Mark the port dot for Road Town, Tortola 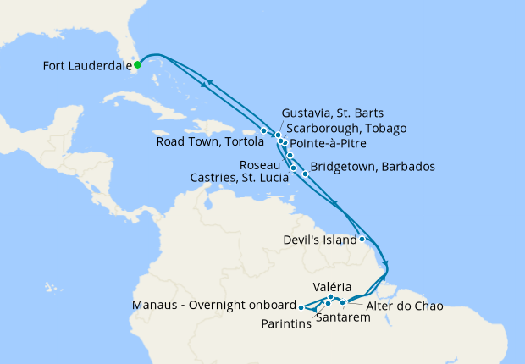[x=264, y=130]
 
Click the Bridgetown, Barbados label [x=373, y=167]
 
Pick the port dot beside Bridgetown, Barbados [x=305, y=173]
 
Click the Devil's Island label [x=318, y=240]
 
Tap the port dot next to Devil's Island [x=362, y=239]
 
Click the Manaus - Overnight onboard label [x=213, y=306]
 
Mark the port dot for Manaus [x=301, y=306]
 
